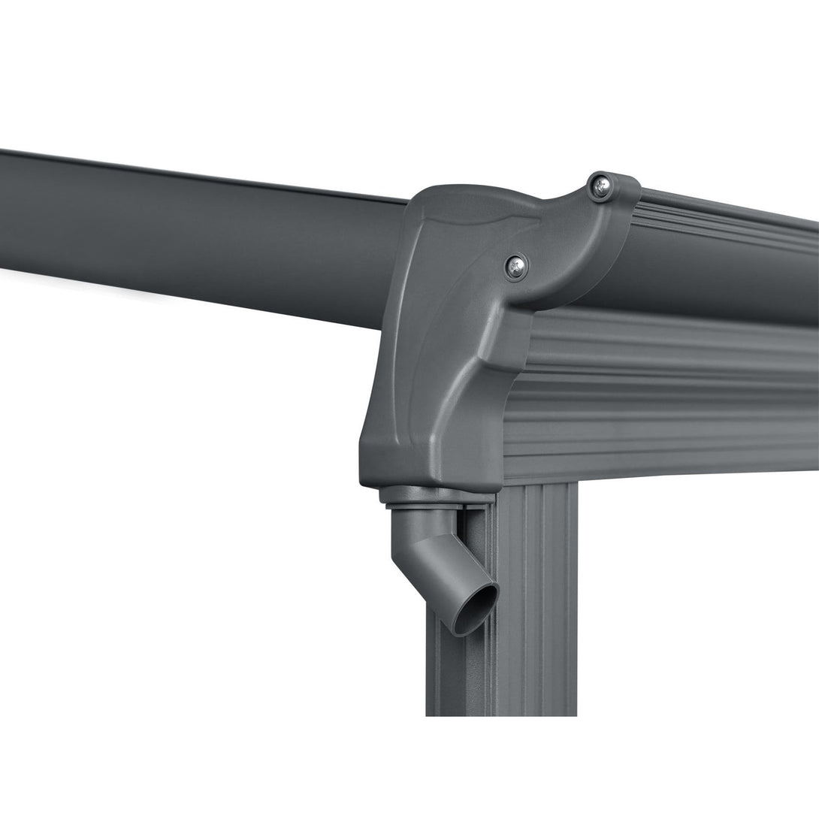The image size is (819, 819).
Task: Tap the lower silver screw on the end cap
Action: coord(515,265)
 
